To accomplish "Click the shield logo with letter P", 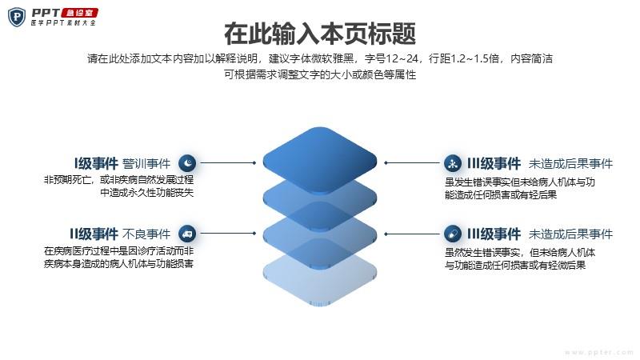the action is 17,17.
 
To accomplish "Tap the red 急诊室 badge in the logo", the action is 80,13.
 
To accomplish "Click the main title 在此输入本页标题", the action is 320,34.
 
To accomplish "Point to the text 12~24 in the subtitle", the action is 402,58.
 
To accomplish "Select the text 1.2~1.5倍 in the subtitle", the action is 474,58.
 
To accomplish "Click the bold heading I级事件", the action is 96,164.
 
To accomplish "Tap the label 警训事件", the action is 146,164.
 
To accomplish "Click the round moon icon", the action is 187,163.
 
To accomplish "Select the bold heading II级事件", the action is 94,234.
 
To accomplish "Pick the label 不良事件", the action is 146,234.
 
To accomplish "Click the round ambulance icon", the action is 187,234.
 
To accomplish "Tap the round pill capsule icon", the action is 453,234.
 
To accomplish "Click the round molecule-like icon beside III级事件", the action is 453,163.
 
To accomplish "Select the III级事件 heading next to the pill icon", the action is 494,234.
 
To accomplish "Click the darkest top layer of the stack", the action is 319,160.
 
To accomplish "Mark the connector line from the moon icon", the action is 228,163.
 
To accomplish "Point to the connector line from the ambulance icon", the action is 228,234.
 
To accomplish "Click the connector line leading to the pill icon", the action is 412,234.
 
